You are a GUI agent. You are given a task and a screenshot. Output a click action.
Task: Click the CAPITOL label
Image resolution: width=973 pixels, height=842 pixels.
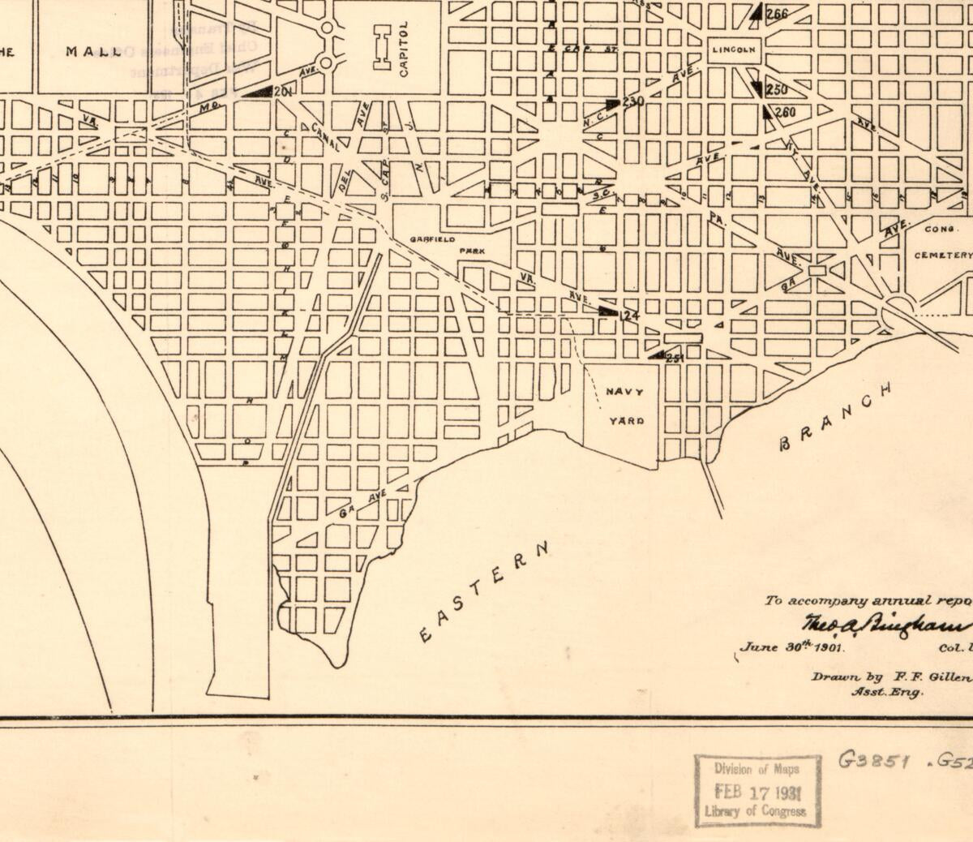[404, 49]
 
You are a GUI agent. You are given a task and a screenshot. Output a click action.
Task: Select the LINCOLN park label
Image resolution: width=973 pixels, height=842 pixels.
[734, 49]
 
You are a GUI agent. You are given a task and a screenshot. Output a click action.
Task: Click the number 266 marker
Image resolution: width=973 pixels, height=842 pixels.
[776, 14]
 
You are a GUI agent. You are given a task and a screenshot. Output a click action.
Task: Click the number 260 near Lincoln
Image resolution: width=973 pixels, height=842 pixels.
[785, 112]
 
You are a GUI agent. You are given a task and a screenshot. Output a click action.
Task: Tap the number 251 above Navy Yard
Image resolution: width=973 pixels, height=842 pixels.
[675, 358]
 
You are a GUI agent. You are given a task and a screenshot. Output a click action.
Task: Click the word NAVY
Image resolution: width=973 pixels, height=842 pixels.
[627, 393]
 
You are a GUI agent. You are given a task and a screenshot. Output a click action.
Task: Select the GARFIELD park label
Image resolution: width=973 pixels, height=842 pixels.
[432, 240]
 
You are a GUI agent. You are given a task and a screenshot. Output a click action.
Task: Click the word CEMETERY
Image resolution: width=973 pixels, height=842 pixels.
[942, 255]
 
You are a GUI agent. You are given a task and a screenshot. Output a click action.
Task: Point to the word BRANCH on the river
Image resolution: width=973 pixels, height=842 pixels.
[835, 416]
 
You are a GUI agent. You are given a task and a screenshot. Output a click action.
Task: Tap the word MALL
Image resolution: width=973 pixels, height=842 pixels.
[93, 52]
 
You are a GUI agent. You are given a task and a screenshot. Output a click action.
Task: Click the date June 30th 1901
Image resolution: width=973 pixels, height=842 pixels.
[791, 648]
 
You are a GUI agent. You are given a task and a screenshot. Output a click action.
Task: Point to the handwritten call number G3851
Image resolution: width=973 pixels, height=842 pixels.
[877, 762]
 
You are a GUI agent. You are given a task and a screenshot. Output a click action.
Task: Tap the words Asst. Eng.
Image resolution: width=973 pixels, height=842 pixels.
[886, 692]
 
